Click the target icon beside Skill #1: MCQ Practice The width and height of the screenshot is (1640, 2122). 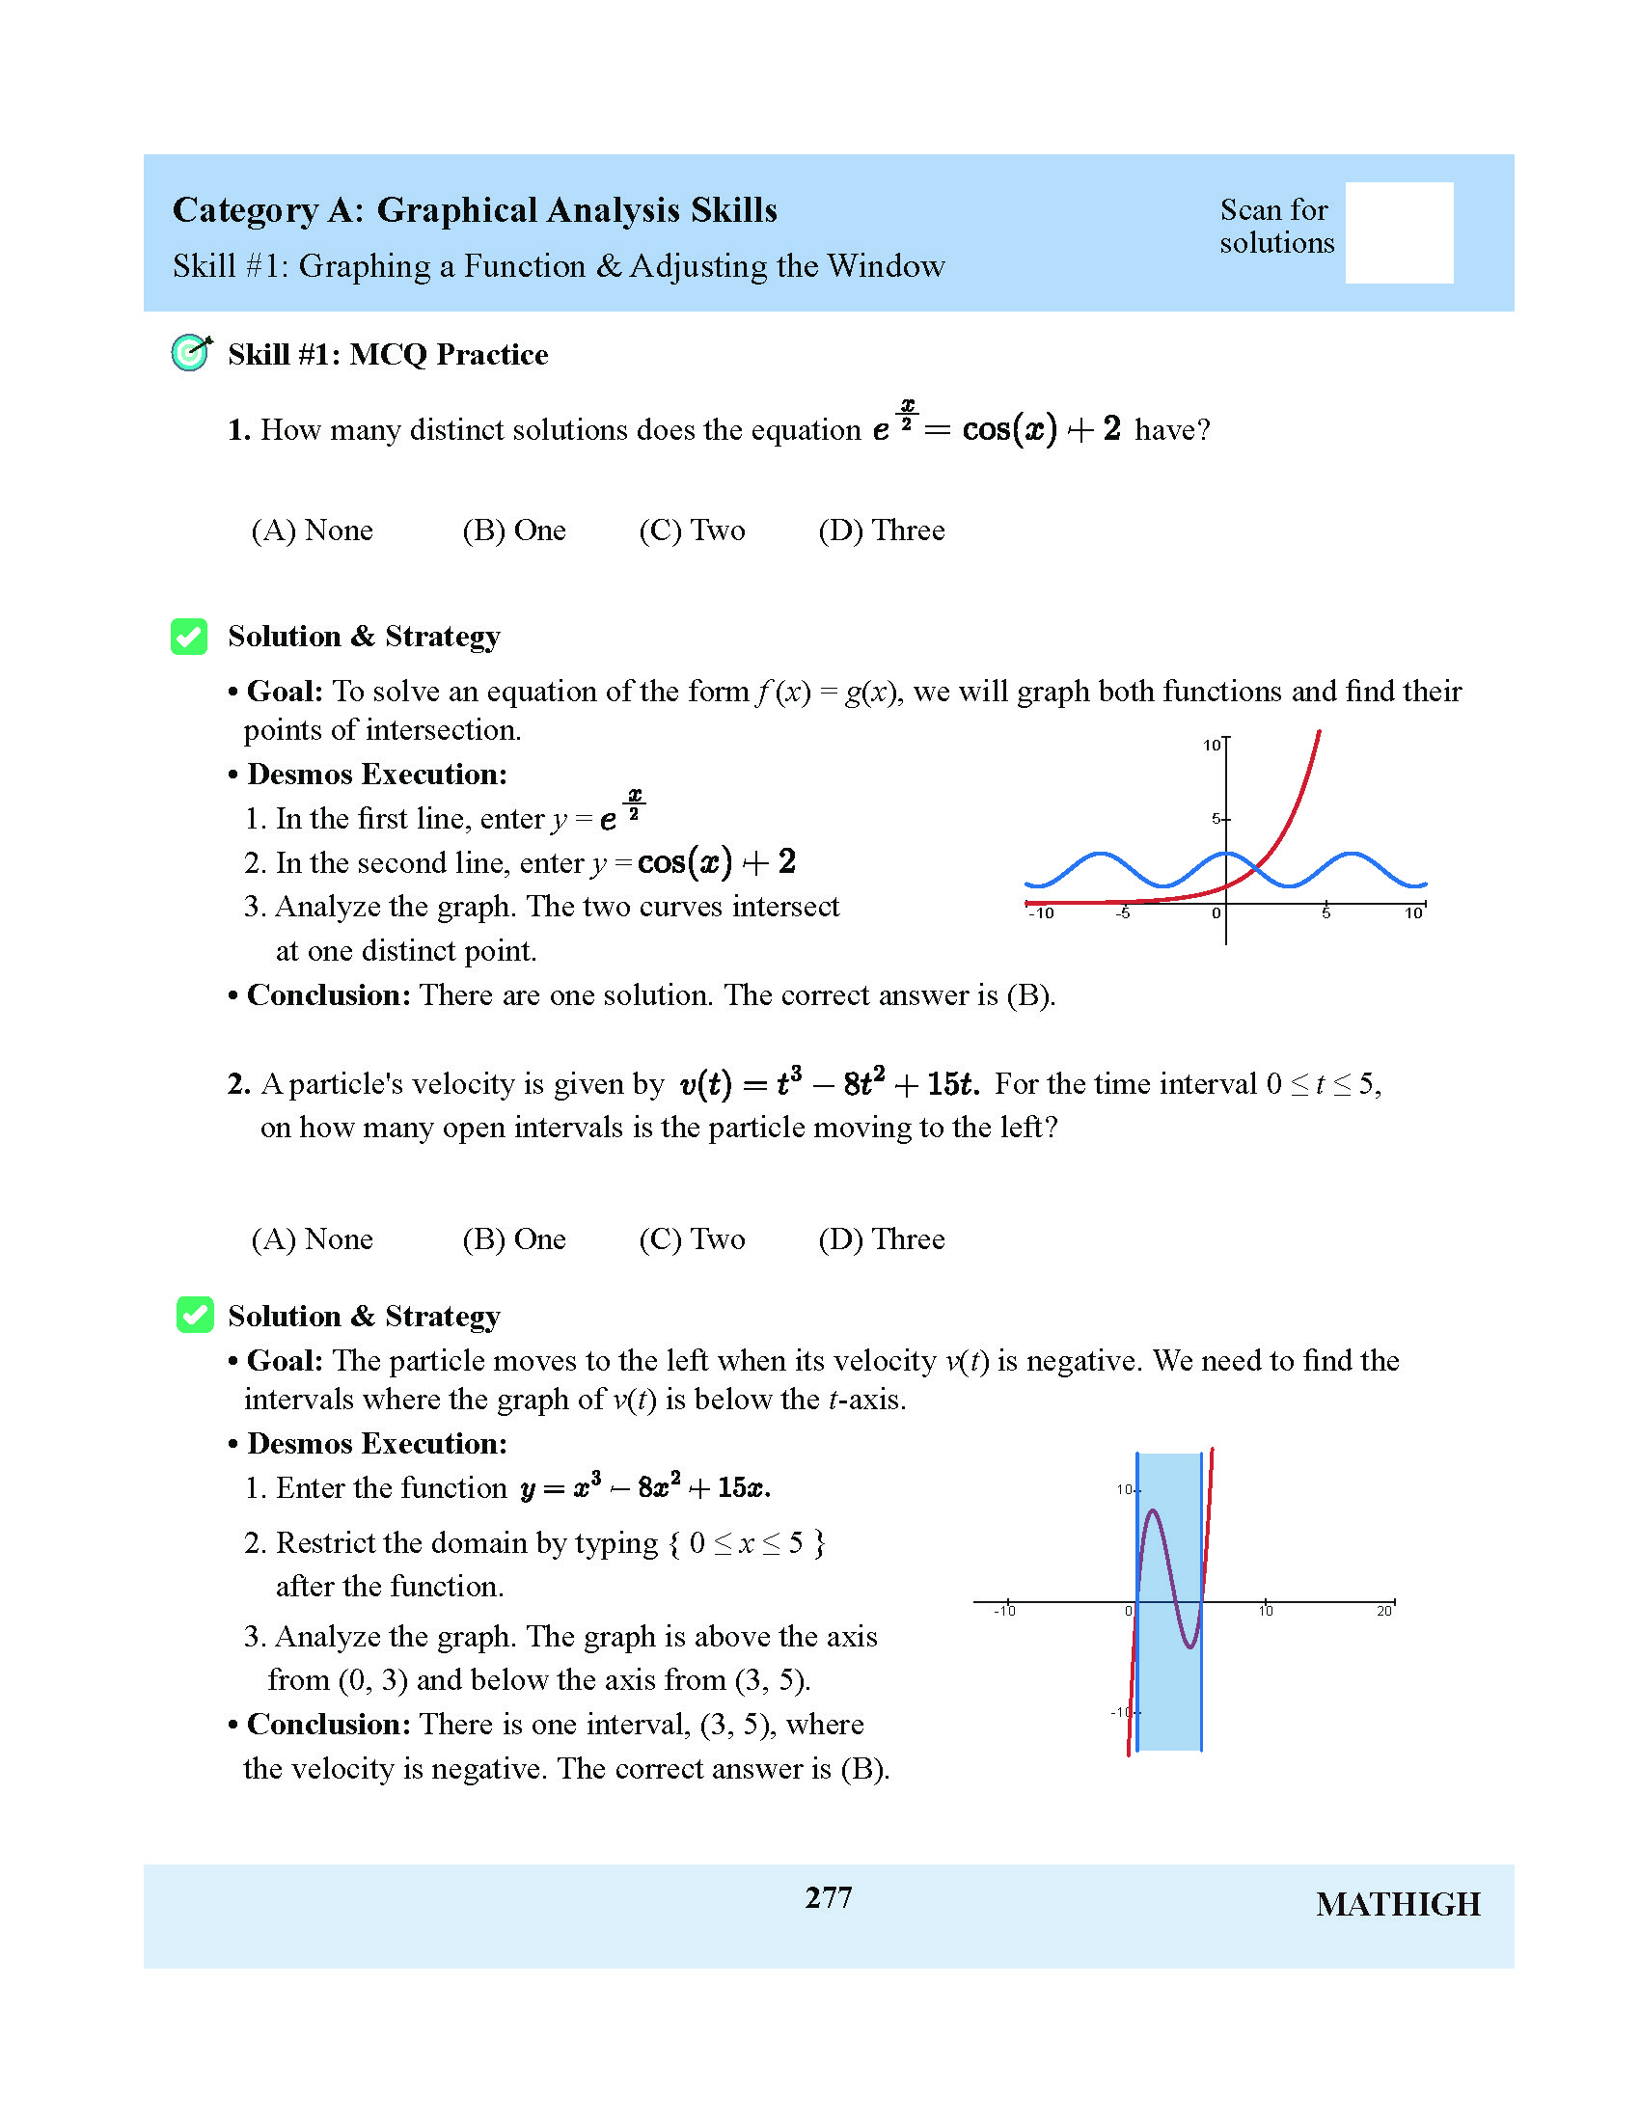click(x=191, y=353)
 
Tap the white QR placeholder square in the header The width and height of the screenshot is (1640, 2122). click(x=1398, y=233)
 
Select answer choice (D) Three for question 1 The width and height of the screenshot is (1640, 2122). click(x=881, y=530)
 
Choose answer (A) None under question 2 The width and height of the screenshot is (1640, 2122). click(x=312, y=1239)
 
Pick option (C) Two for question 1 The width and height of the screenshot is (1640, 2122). click(x=692, y=530)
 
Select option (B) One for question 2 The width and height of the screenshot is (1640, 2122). click(x=514, y=1239)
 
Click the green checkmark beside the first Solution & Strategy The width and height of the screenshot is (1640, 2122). click(x=189, y=637)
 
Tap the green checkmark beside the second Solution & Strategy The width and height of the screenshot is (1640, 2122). click(x=194, y=1316)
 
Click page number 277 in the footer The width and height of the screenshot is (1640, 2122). click(x=828, y=1897)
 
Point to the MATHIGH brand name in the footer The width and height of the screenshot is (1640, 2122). click(x=1397, y=1905)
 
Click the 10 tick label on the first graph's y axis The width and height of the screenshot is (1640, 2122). click(x=1211, y=746)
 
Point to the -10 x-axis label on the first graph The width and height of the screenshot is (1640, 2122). click(x=1041, y=913)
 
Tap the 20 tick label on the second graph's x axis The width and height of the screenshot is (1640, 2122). click(x=1383, y=1611)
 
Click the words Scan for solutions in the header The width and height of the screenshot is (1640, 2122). click(x=1276, y=226)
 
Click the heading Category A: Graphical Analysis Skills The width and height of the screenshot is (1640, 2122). click(x=474, y=210)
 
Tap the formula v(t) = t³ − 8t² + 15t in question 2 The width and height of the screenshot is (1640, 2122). click(x=829, y=1083)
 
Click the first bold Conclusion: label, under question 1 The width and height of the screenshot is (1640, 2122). click(x=328, y=995)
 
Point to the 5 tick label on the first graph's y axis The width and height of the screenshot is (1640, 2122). click(x=1216, y=819)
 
